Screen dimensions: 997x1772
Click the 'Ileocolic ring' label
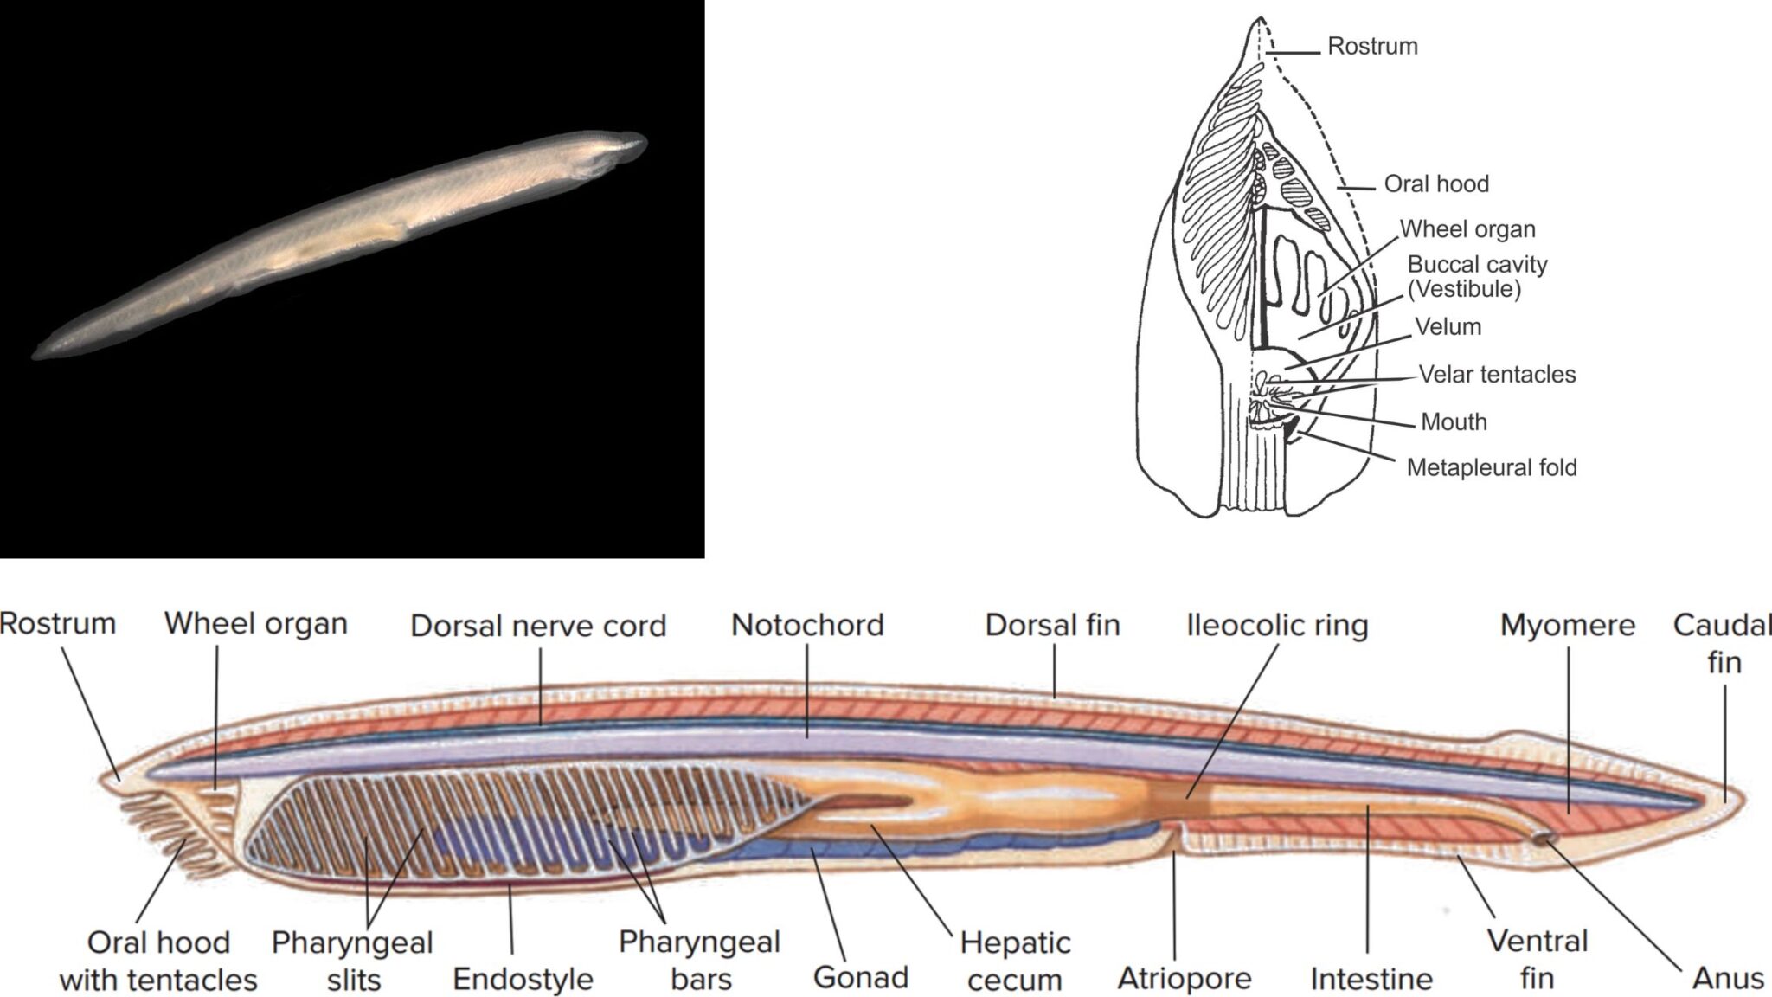[1277, 625]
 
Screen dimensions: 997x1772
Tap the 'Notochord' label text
[807, 625]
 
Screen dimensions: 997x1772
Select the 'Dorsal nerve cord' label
[538, 626]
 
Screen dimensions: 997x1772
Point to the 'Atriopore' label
[1185, 979]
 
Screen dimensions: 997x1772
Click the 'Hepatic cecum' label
[1015, 961]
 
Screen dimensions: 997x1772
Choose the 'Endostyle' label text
[523, 979]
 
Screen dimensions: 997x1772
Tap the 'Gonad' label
[860, 977]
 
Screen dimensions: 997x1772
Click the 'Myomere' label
[1567, 625]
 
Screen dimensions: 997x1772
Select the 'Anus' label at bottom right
[1727, 979]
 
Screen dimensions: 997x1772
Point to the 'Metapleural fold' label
[1492, 468]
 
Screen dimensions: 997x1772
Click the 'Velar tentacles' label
[1497, 375]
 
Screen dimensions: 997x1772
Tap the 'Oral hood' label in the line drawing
[1436, 183]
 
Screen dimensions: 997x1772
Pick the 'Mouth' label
[1454, 422]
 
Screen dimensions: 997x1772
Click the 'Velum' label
[1448, 327]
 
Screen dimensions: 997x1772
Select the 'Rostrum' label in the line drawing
[1372, 46]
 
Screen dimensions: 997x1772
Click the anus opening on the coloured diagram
[1543, 838]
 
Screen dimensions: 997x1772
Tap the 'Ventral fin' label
[1537, 960]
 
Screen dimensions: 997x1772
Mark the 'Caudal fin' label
[1722, 643]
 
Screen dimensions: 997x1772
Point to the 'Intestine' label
[1371, 979]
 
